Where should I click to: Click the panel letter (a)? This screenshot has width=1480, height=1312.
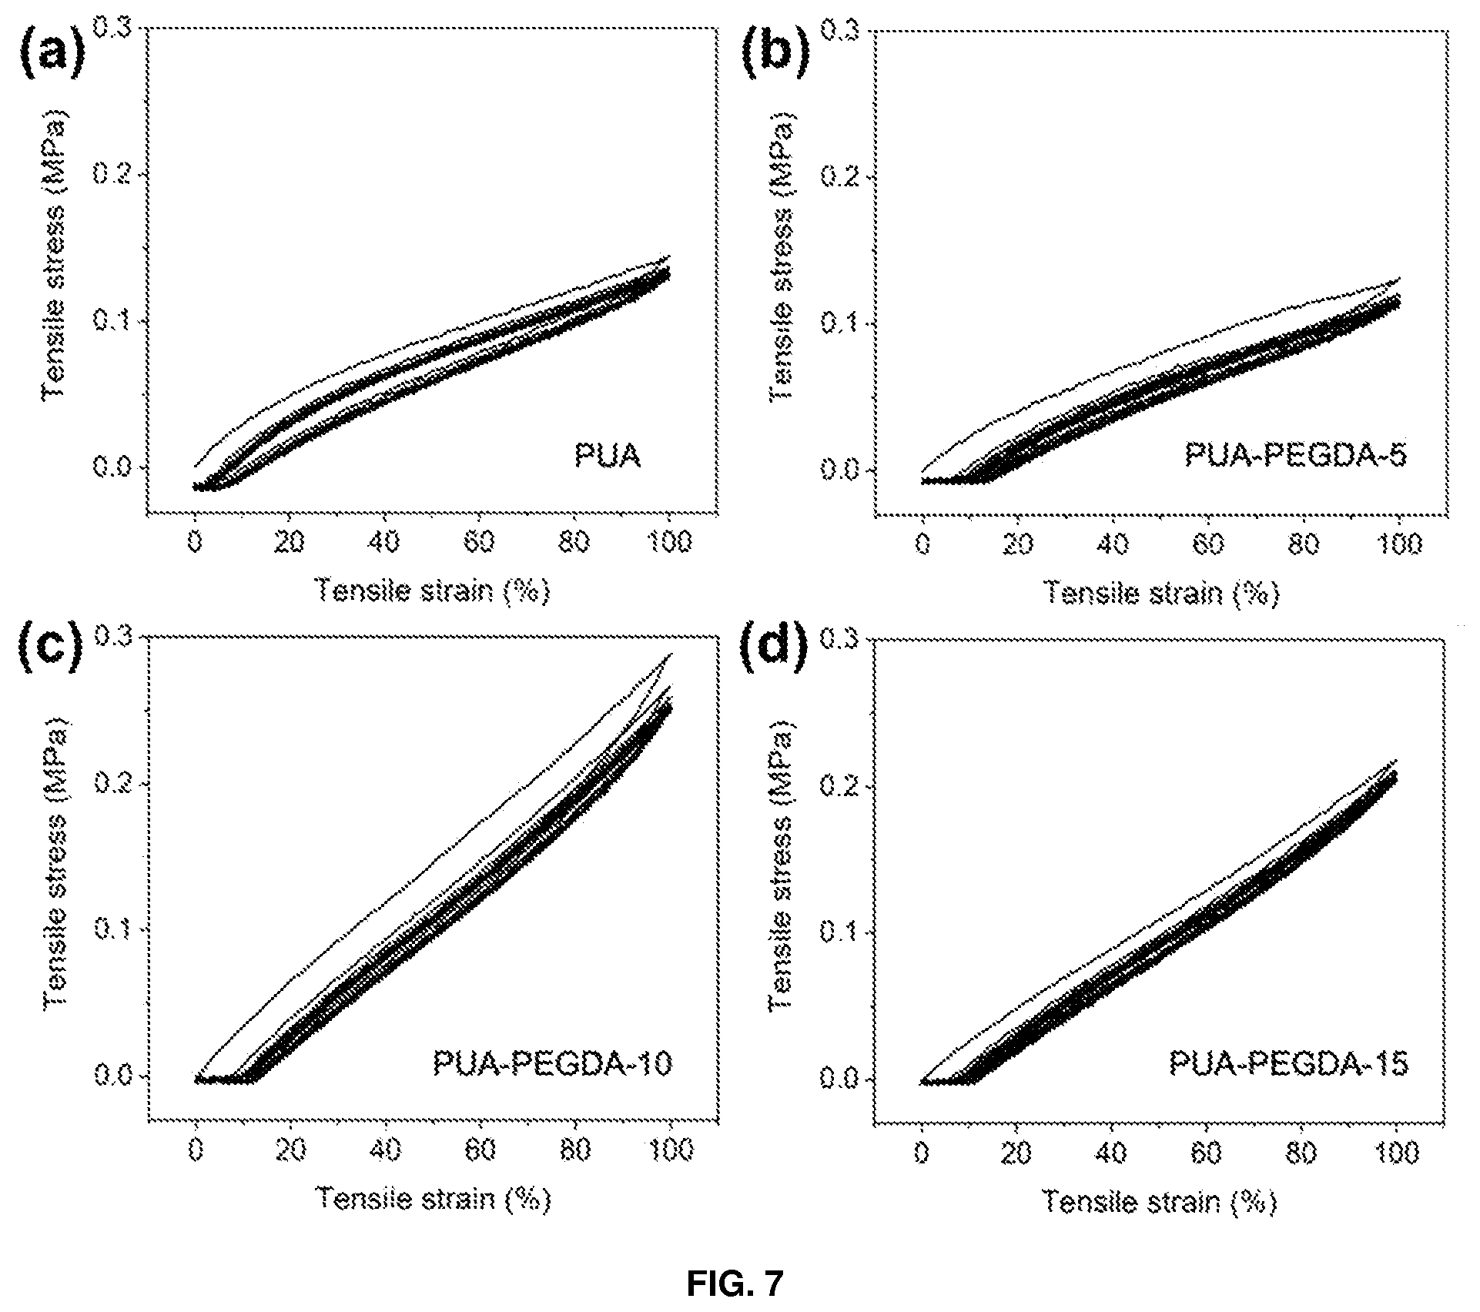[x=51, y=57]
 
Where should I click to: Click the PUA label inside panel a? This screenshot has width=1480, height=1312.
[x=608, y=456]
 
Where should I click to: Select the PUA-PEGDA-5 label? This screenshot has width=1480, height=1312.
[x=1295, y=456]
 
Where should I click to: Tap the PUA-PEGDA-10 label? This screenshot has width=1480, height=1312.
[x=552, y=1063]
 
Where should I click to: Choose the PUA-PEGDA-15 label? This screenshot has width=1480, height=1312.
[x=1288, y=1064]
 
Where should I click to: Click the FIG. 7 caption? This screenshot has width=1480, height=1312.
[x=735, y=1283]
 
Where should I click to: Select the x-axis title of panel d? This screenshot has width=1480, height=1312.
[x=1160, y=1201]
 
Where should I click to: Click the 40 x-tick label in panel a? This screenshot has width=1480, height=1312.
[x=384, y=543]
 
